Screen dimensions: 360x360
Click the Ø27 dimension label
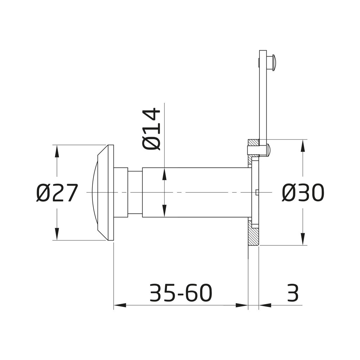[56, 193]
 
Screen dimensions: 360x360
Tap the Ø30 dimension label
[302, 193]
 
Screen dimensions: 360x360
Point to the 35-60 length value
[181, 292]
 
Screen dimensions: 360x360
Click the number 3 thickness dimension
[292, 292]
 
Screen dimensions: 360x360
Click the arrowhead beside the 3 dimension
[264, 305]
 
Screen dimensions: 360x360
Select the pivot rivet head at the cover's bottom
[268, 150]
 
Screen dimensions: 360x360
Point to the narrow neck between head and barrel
[135, 192]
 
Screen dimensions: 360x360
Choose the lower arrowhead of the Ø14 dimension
[164, 212]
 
